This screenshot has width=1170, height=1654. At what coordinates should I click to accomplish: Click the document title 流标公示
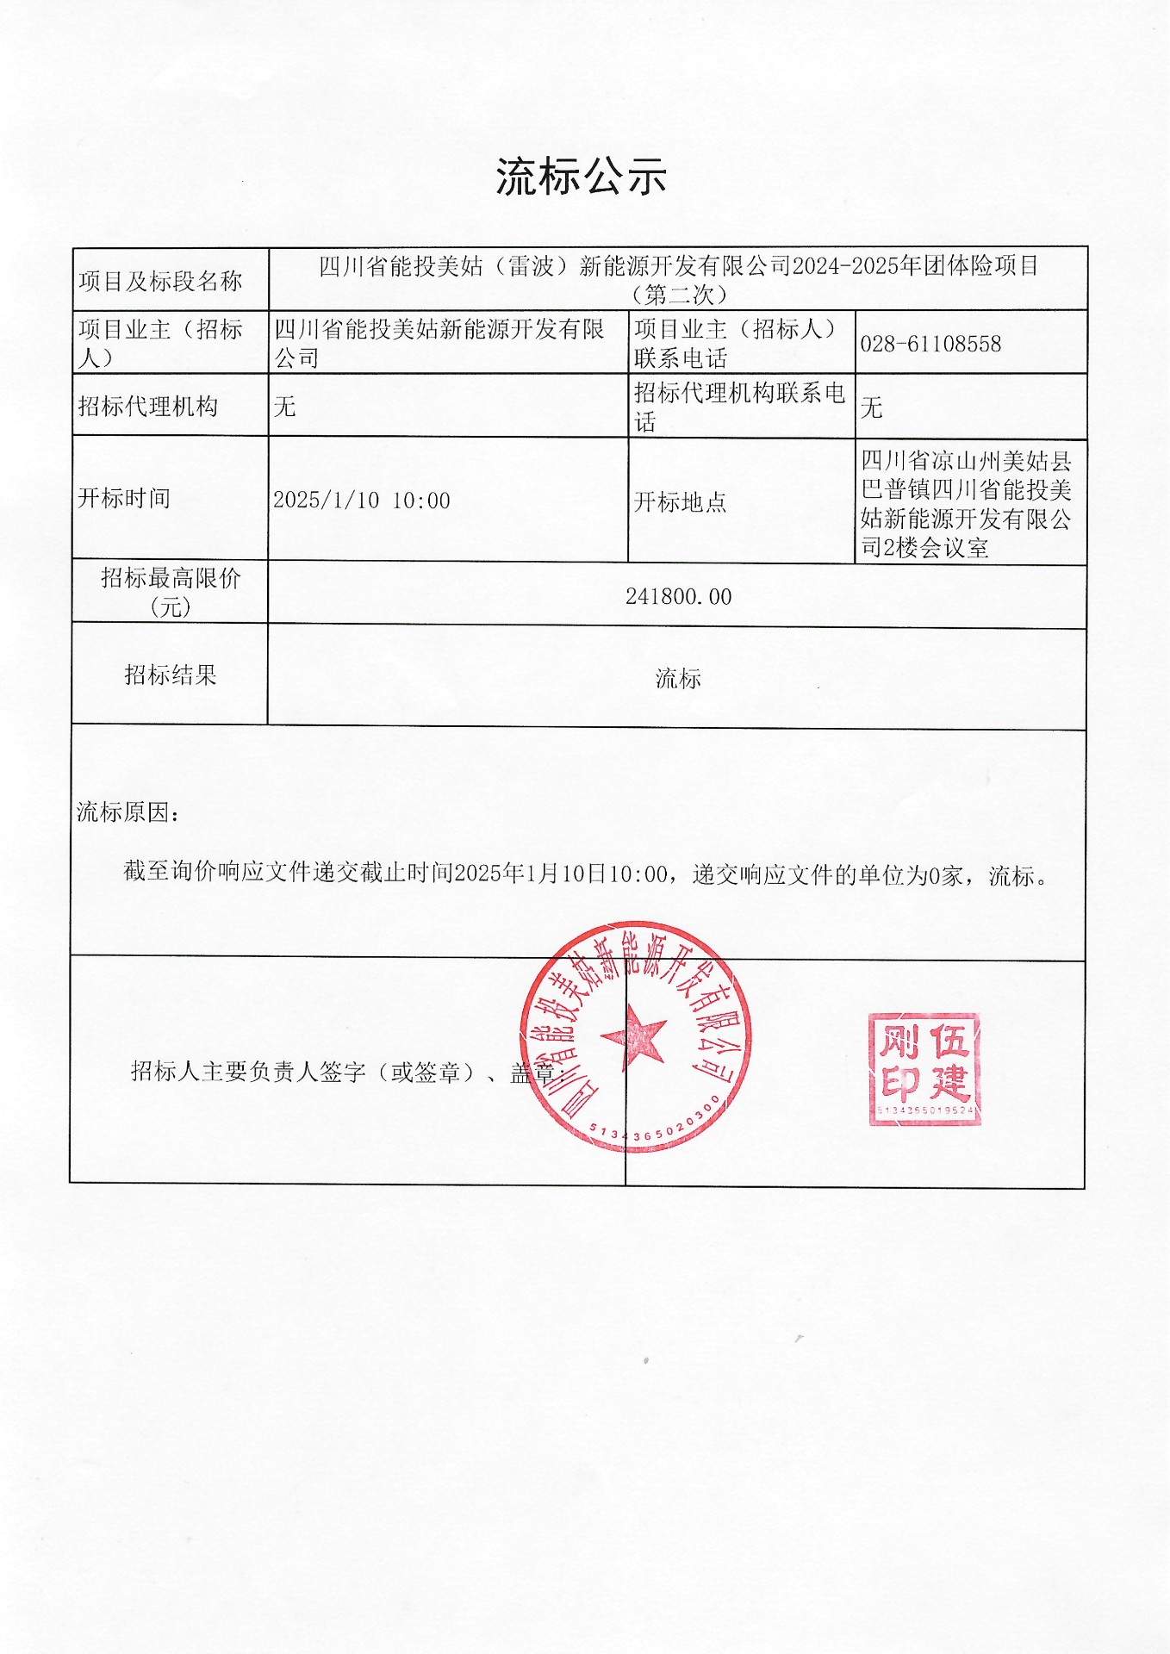coord(582,177)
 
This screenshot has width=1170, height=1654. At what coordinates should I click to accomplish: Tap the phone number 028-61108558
coord(930,345)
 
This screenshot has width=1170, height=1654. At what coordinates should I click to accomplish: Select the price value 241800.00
coord(678,597)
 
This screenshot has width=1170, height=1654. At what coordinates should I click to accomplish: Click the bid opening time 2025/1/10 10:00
coord(362,501)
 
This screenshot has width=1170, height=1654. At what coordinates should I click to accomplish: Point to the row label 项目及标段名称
coord(160,281)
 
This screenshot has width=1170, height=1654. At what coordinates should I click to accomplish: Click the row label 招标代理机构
coord(147,407)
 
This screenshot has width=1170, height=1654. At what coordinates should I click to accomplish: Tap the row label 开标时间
coord(124,498)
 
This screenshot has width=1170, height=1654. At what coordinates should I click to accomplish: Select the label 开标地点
coord(680,502)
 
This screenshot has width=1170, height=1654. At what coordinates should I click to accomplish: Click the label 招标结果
coord(170,675)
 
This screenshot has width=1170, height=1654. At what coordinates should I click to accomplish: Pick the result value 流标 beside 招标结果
coord(678,679)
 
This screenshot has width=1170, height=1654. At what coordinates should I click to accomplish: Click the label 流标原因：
coord(128,812)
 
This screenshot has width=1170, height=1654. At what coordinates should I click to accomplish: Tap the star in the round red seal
coord(635,1036)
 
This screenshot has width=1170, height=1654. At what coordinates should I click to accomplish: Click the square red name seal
coord(924,1069)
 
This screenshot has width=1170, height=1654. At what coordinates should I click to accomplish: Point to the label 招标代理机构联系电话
coord(738,407)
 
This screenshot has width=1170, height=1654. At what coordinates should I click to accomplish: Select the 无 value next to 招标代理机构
coord(284,407)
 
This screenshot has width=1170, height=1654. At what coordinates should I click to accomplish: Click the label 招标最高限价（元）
coord(170,592)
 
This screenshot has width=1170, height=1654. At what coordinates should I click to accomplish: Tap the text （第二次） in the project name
coord(678,295)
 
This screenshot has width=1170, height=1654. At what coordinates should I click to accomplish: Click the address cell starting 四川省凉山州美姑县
coord(967,504)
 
